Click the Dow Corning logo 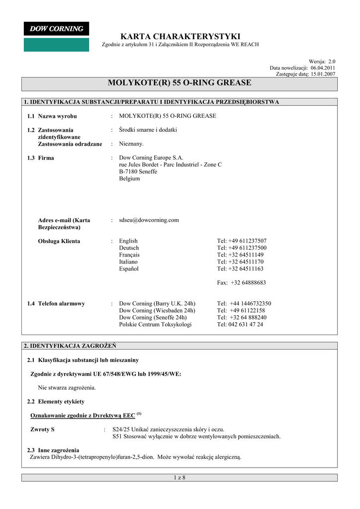point(56,29)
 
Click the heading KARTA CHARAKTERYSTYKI point(180,36)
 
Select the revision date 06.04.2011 point(323,68)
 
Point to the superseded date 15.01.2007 point(323,74)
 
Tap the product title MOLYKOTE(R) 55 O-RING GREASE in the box point(180,83)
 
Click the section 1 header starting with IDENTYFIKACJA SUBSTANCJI point(152,102)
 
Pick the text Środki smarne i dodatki point(148,130)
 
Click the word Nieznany point(131,144)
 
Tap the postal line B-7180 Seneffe point(138,171)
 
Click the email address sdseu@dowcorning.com point(149,220)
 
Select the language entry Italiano point(128,261)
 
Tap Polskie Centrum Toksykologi point(155,324)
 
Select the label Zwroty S point(43,429)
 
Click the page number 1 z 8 point(180,478)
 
